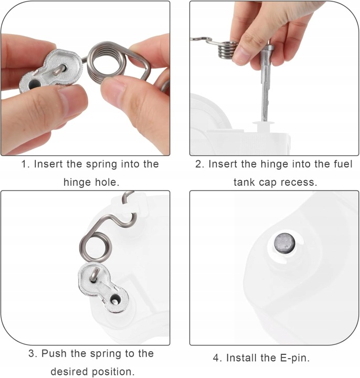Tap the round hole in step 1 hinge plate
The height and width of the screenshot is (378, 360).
click(34, 85)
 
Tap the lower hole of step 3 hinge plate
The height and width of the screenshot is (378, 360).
click(114, 300)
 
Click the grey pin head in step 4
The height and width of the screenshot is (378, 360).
click(285, 243)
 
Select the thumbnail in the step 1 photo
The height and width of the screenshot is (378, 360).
click(72, 102)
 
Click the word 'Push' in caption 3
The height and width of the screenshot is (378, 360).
click(55, 354)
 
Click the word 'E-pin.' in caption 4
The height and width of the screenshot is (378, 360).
click(295, 358)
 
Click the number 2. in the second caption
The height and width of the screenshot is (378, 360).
click(200, 164)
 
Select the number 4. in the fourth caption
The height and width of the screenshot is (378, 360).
click(217, 358)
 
